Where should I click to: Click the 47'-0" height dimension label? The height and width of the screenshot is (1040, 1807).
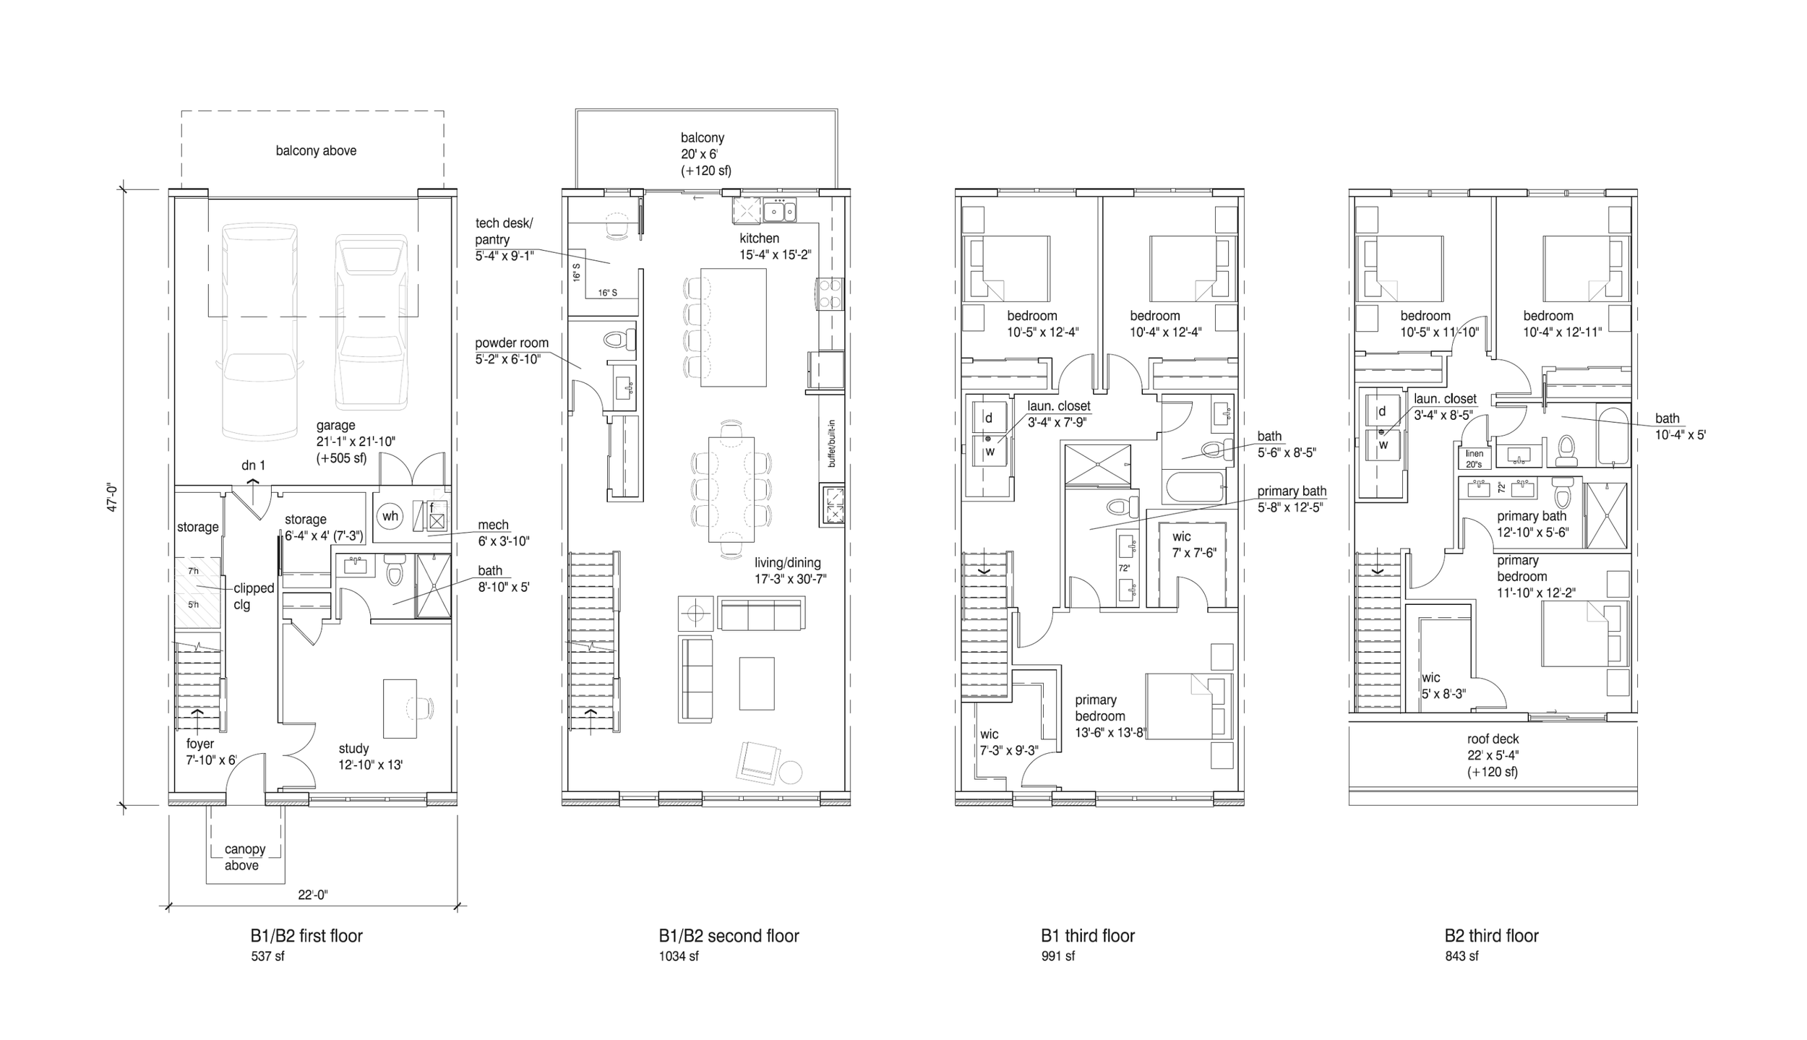[x=112, y=497]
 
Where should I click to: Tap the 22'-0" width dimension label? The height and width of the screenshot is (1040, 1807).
[x=313, y=895]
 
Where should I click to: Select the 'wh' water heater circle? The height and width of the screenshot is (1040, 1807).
[x=390, y=516]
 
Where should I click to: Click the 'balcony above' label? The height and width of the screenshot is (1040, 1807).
[x=316, y=151]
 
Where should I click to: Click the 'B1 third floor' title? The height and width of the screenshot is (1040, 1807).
[x=1087, y=936]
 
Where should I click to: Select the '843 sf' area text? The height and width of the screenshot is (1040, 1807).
[x=1461, y=956]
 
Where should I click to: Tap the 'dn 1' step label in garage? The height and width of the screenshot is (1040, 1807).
[x=253, y=465]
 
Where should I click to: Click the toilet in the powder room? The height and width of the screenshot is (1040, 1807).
[x=618, y=340]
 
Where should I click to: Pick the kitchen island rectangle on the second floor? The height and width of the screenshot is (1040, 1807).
[x=732, y=327]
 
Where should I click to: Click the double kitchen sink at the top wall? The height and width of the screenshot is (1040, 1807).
[x=780, y=211]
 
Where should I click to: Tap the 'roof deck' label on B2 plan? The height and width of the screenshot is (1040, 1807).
[x=1492, y=739]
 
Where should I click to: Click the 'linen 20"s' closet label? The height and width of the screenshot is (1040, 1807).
[x=1474, y=459]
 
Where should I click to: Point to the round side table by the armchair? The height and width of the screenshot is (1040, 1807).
[x=791, y=772]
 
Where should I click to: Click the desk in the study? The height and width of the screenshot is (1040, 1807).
[x=399, y=708]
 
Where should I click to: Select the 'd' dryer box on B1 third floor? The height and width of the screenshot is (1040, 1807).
[x=988, y=418]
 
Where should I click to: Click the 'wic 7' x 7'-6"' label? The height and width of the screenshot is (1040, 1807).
[x=1193, y=544]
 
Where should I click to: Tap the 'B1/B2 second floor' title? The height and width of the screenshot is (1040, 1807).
[x=728, y=936]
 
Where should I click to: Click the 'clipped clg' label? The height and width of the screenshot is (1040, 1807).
[x=252, y=596]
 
